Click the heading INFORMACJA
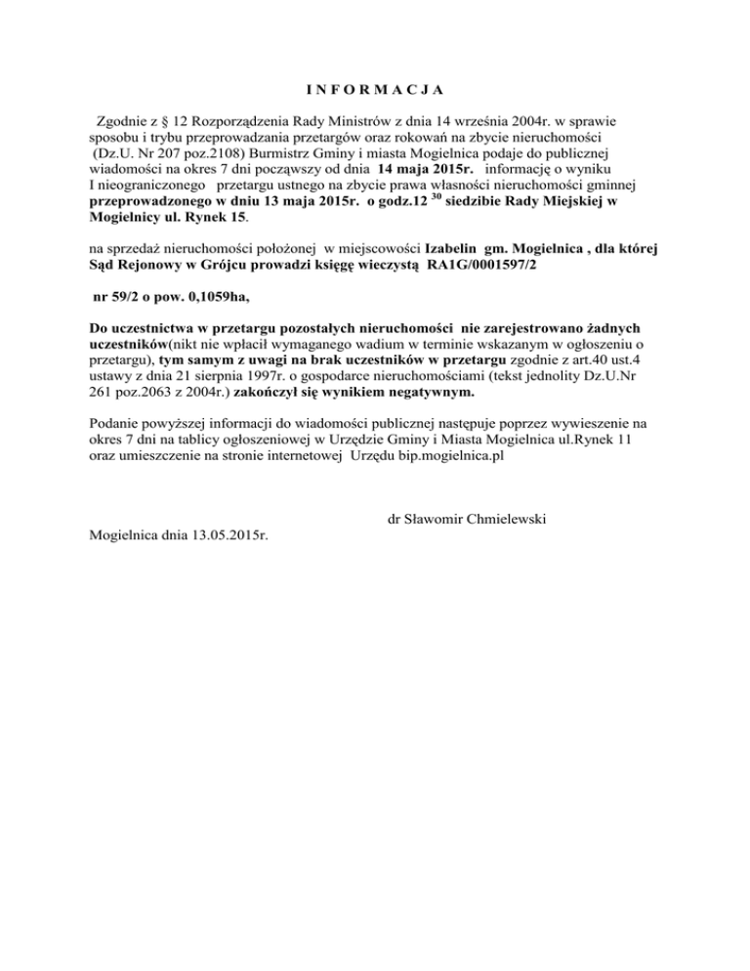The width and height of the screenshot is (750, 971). (x=374, y=91)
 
